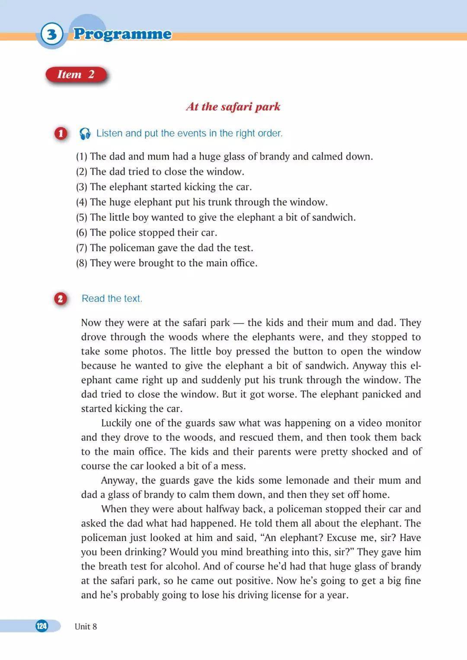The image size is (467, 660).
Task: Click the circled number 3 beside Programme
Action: pyautogui.click(x=52, y=34)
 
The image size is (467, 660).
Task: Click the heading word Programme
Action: pyautogui.click(x=122, y=34)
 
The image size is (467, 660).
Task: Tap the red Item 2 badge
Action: pyautogui.click(x=76, y=74)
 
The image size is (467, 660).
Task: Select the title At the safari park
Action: pyautogui.click(x=233, y=106)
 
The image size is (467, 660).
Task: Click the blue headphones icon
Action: pyautogui.click(x=85, y=134)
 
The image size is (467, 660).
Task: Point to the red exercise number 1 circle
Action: pyautogui.click(x=61, y=134)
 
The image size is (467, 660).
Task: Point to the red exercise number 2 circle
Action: pyautogui.click(x=61, y=299)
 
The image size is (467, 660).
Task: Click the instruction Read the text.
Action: pyautogui.click(x=112, y=298)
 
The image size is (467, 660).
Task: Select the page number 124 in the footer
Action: pyautogui.click(x=42, y=626)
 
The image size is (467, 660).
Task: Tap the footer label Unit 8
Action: pyautogui.click(x=86, y=626)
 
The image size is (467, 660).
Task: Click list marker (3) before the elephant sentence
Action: pyautogui.click(x=82, y=187)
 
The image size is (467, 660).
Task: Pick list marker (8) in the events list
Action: pyautogui.click(x=82, y=263)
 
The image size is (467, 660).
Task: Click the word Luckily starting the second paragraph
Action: pyautogui.click(x=117, y=423)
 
